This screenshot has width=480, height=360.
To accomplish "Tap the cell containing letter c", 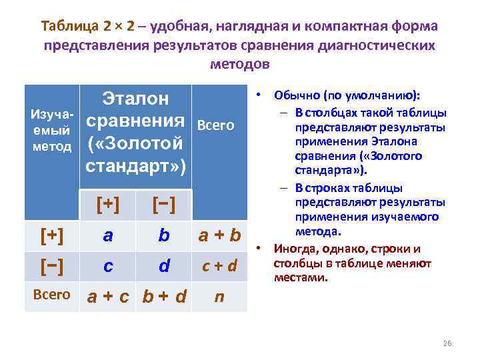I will [x=108, y=267].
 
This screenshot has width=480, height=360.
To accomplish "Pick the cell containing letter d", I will [x=164, y=267].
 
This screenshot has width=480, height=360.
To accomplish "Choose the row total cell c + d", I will [x=219, y=267].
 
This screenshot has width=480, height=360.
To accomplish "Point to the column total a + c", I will [x=108, y=296].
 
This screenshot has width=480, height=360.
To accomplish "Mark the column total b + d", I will [x=164, y=296].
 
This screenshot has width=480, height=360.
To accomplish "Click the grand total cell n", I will [x=219, y=296].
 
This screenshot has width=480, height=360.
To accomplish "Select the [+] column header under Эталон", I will [x=108, y=205].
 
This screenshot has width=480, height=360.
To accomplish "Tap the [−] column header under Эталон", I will [x=164, y=205].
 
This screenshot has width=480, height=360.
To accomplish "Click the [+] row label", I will [x=52, y=235].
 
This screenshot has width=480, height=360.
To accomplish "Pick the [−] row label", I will [x=52, y=265].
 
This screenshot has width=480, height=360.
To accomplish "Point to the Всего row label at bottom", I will [x=52, y=294].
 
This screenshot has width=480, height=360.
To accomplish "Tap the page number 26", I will [x=447, y=343].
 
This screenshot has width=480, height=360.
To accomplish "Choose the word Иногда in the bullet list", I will [x=296, y=249].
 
